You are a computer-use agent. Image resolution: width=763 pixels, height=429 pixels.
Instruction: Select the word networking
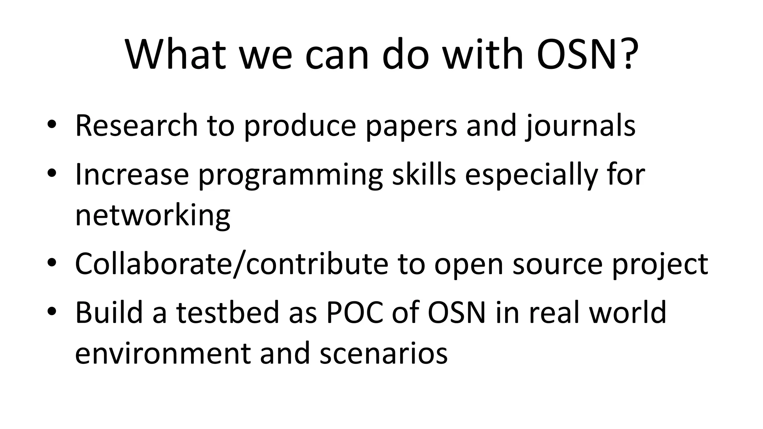pyautogui.click(x=153, y=216)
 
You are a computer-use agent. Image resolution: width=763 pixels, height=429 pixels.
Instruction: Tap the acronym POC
pyautogui.click(x=355, y=312)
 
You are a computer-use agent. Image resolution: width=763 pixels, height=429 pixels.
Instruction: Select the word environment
pyautogui.click(x=163, y=353)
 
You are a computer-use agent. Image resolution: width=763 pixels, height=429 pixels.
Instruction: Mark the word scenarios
pyautogui.click(x=383, y=353)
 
